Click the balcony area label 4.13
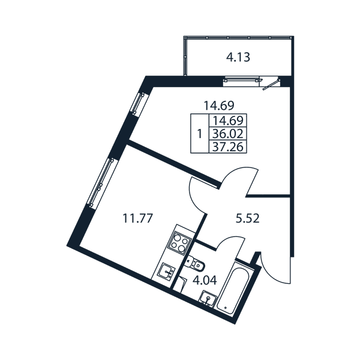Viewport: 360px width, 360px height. coord(238,58)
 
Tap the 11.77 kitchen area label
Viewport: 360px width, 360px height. coord(138,218)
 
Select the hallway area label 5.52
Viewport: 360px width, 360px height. coord(248,218)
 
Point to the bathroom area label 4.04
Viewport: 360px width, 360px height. coord(205,280)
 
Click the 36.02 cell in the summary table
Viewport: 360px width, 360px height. coord(228,134)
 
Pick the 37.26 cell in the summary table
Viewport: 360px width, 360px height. coord(228,146)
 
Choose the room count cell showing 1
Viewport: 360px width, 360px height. coord(200,133)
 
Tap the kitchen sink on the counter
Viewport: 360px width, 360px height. coord(166,271)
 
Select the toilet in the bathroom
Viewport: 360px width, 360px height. coord(195,263)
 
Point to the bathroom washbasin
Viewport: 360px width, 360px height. coord(208,298)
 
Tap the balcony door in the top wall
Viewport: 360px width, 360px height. coord(270,82)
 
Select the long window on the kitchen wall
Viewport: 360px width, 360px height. coord(101,183)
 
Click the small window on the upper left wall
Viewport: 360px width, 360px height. coord(139,103)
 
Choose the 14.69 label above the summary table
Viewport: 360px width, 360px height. coord(219,106)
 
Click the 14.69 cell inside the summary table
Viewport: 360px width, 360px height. coord(228,121)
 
